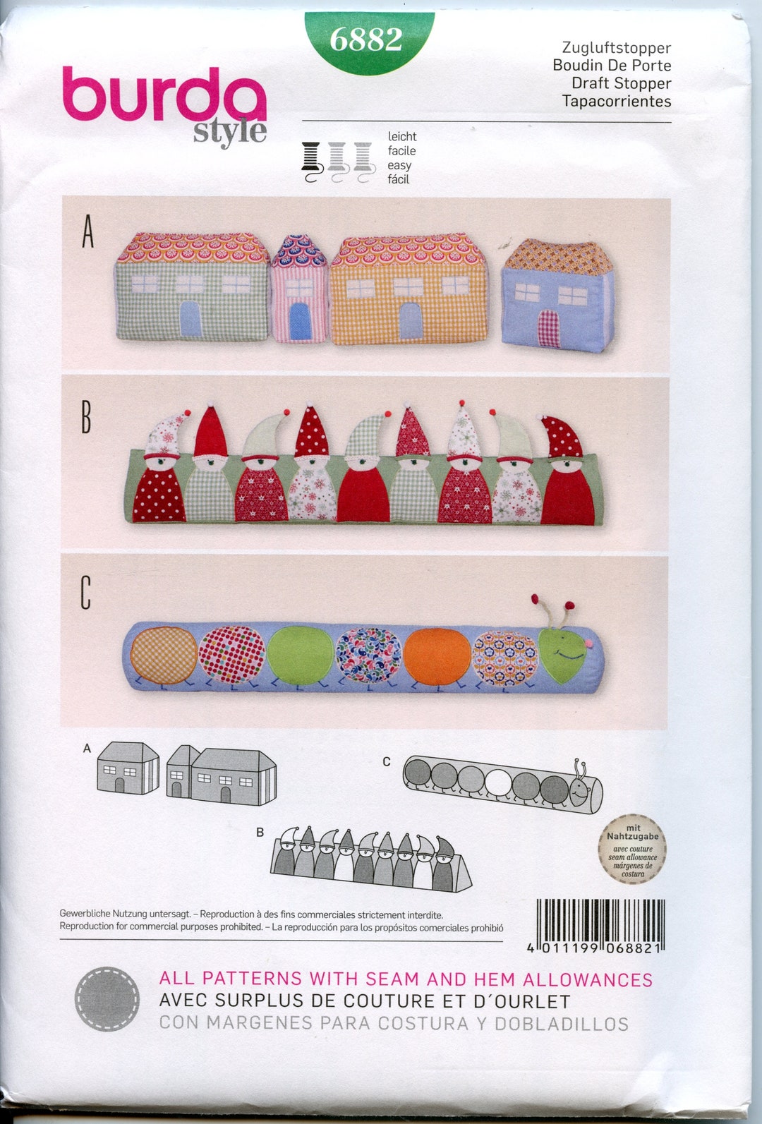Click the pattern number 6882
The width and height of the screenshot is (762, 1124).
coord(366,40)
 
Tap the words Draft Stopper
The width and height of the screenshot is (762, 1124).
coord(621,83)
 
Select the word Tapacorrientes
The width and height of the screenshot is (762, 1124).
coord(616,101)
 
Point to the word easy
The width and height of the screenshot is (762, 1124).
coord(399,165)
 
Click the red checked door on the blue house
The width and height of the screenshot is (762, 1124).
coord(549,329)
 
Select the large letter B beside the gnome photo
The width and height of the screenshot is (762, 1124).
coord(86,418)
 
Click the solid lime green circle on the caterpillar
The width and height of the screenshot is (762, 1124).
coord(300,655)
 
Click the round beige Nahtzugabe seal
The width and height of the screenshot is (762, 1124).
coord(633,850)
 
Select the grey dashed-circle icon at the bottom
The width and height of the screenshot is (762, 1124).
coord(107,999)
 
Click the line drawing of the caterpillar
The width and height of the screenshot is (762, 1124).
coord(502,782)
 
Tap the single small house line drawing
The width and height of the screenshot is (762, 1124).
coord(128,768)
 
